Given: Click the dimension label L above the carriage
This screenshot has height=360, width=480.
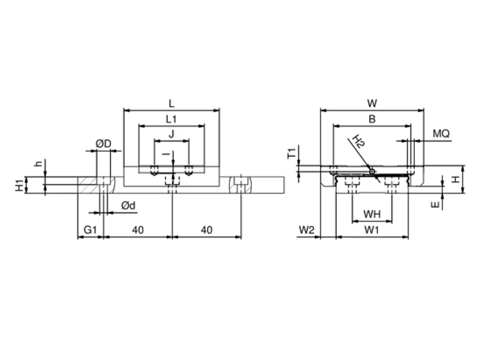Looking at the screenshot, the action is click(172, 103).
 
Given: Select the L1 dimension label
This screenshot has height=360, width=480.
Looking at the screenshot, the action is click(171, 119).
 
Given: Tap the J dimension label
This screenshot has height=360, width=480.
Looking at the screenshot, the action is click(172, 134).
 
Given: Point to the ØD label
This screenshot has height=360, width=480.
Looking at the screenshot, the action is click(104, 144).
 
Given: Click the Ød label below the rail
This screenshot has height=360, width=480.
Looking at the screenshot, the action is click(128, 206).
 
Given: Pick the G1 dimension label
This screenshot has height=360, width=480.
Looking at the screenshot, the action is click(90, 230).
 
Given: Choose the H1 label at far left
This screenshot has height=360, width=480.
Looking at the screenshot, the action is click(19, 185).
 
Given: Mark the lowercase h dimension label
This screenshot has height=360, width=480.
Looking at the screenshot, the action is click(38, 164).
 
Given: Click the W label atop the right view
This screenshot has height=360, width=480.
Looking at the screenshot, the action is click(372, 103).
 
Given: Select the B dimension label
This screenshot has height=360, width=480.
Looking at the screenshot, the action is click(372, 119).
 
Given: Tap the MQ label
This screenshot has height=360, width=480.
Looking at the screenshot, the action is click(441, 134).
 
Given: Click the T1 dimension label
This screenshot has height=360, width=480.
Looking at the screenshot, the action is click(292, 154).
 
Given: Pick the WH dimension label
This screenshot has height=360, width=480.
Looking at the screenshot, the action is click(372, 214).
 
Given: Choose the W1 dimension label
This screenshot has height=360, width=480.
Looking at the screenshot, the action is click(372, 230).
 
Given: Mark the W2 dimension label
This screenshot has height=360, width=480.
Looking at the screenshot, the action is click(306, 230).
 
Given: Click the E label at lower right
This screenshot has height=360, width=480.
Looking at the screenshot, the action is click(435, 205).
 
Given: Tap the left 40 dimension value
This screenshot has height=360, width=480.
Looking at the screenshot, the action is click(138, 230).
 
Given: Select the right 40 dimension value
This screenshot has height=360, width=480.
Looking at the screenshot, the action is click(206, 230).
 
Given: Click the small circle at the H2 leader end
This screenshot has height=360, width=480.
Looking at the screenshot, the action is click(372, 172).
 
